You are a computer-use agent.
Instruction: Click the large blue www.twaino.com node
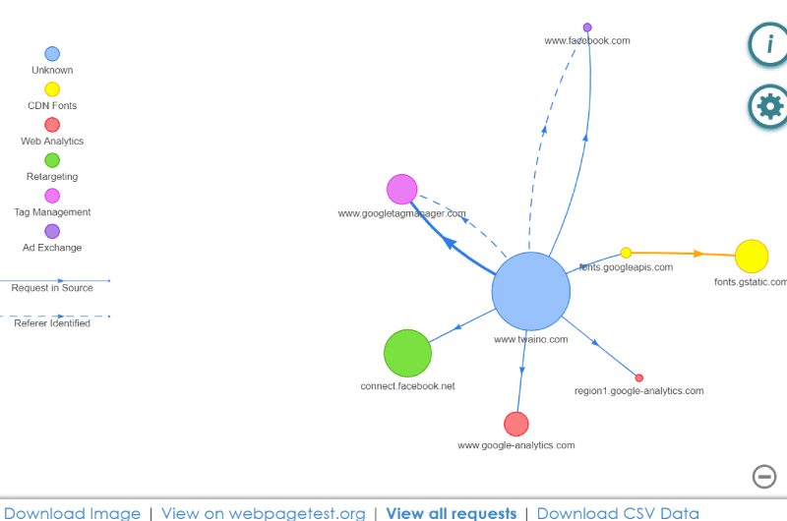(x=531, y=291)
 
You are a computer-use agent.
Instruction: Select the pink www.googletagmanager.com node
(x=402, y=189)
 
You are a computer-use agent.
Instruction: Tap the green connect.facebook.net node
(x=407, y=353)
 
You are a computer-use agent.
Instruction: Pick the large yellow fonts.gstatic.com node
(x=752, y=257)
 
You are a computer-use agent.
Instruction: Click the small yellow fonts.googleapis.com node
(x=626, y=253)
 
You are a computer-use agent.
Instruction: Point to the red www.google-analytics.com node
(x=516, y=425)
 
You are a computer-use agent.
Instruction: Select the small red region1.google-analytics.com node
(x=638, y=378)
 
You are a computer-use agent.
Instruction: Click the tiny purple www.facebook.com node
(x=587, y=28)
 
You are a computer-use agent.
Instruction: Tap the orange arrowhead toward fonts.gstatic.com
(x=698, y=254)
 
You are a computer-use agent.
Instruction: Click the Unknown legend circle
(x=52, y=54)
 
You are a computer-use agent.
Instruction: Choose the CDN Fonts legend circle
(x=52, y=89)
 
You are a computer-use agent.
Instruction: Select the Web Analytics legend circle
(x=52, y=125)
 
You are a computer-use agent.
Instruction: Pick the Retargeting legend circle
(x=52, y=160)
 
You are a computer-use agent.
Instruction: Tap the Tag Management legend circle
(x=52, y=196)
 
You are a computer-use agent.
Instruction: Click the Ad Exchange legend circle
(x=52, y=231)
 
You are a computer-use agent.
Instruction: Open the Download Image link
(x=72, y=513)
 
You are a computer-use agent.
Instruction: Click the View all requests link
(x=452, y=513)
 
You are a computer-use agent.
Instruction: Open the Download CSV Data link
(x=618, y=513)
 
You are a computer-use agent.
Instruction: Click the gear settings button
(x=768, y=107)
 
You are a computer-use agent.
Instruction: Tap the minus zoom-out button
(x=764, y=477)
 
